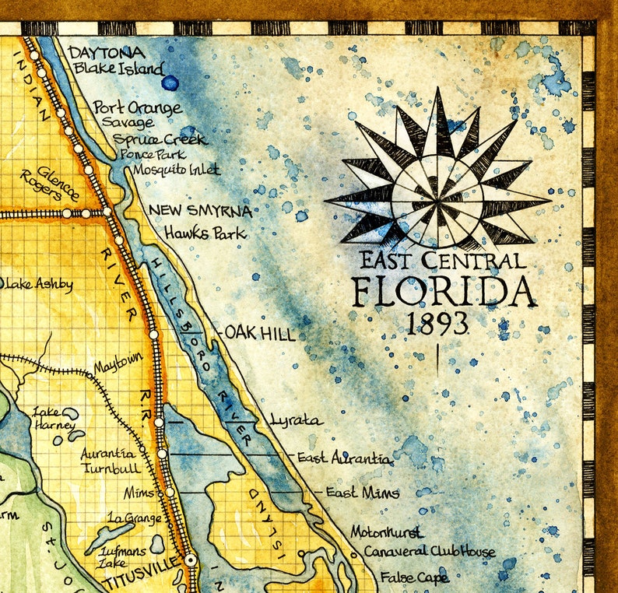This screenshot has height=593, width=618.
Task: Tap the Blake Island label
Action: pos(118,68)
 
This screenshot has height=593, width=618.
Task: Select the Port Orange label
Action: pos(137,107)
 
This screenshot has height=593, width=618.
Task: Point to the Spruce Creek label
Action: pos(160,139)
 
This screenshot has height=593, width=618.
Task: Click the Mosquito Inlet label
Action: pos(176,169)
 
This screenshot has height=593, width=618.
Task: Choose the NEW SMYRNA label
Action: pos(200,210)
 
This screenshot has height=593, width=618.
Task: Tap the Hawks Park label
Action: pos(204,233)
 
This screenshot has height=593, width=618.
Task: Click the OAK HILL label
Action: pos(260,334)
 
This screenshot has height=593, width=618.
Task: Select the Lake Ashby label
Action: pos(39,284)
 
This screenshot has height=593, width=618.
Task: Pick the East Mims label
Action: pos(362,493)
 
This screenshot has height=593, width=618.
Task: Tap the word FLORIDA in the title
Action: pos(443,293)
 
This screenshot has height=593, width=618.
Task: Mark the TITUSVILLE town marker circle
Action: pos(189,560)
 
